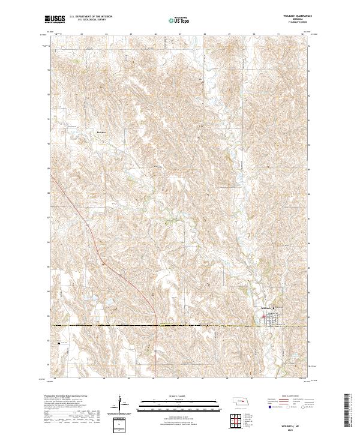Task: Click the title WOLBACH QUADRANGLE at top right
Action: (298, 16)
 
